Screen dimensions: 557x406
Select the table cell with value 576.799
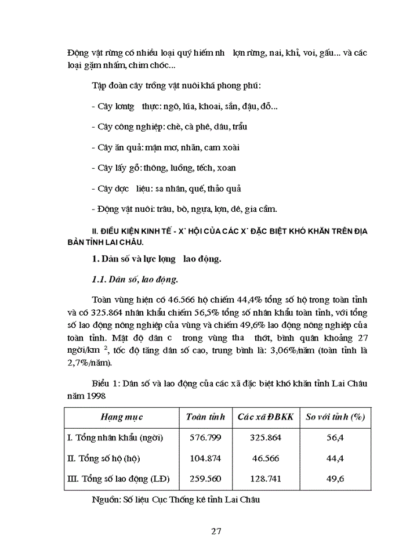pos(202,437)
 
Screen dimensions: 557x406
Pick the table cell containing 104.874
pos(202,458)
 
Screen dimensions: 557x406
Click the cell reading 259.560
pos(202,479)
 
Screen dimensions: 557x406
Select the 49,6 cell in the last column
pos(336,479)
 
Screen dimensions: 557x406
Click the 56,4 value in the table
pos(336,437)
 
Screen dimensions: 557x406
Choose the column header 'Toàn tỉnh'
pos(205,417)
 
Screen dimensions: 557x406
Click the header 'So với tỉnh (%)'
pos(336,417)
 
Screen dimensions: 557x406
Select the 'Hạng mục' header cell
pos(122,417)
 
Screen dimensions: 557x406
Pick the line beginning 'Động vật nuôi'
pos(179,209)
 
